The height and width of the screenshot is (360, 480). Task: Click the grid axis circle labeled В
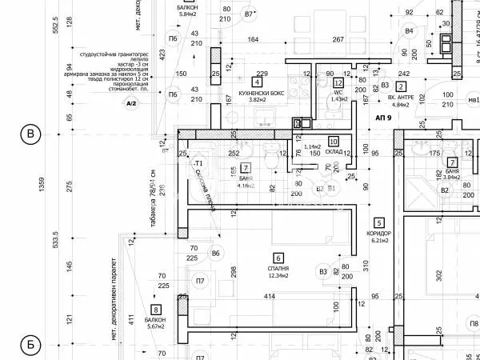pyautogui.click(x=30, y=134)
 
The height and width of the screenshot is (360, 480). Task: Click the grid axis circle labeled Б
pyautogui.click(x=30, y=346)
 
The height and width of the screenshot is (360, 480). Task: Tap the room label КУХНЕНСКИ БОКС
pyautogui.click(x=256, y=94)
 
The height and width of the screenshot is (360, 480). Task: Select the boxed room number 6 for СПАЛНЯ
pyautogui.click(x=278, y=258)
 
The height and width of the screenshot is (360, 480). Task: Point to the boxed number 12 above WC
pyautogui.click(x=338, y=82)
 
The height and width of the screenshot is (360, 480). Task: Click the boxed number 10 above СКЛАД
pyautogui.click(x=334, y=141)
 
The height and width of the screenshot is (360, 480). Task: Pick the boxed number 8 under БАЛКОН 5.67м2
pyautogui.click(x=155, y=309)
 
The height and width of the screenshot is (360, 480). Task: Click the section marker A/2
pyautogui.click(x=130, y=102)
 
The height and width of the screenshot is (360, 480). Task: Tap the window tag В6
pyautogui.click(x=215, y=254)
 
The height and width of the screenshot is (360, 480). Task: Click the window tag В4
pyautogui.click(x=410, y=30)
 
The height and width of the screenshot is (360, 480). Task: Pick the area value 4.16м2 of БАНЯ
pyautogui.click(x=246, y=186)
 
